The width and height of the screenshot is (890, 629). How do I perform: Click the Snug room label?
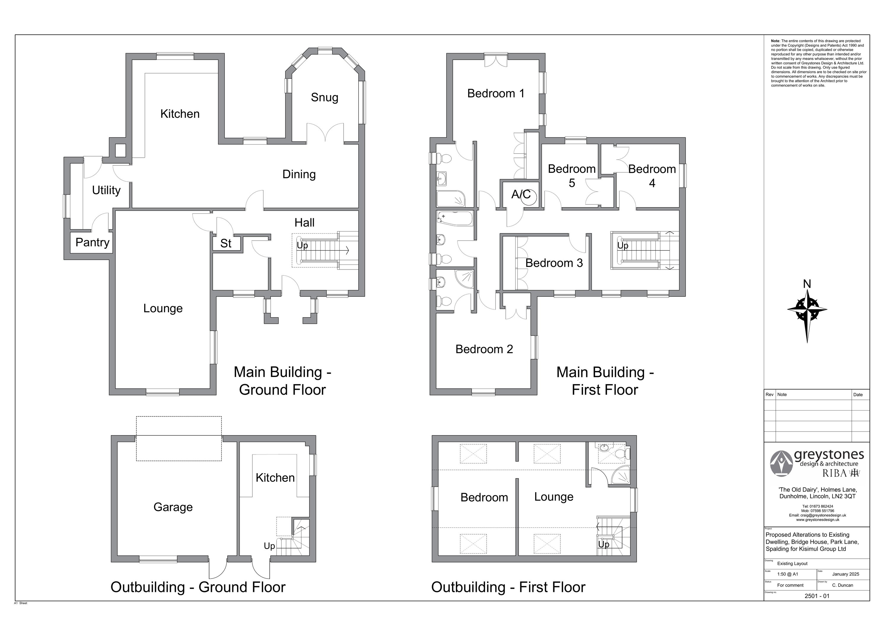(325, 98)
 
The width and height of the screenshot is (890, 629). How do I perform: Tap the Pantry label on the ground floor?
(92, 243)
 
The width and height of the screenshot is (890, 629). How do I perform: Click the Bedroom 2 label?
(484, 349)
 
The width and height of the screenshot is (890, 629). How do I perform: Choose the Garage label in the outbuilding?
(173, 507)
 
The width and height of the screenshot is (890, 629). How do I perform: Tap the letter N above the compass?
(807, 284)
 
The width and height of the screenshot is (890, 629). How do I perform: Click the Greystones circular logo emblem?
(781, 463)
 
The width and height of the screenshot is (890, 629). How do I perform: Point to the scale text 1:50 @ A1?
(788, 574)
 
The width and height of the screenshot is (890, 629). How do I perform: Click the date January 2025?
(846, 574)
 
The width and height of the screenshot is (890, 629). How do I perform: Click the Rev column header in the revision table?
(770, 394)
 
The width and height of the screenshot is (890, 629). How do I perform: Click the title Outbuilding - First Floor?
(508, 587)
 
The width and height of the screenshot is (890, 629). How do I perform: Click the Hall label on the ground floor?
(304, 223)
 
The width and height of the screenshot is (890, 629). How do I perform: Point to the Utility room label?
(106, 190)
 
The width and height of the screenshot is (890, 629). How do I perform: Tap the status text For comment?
(790, 585)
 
